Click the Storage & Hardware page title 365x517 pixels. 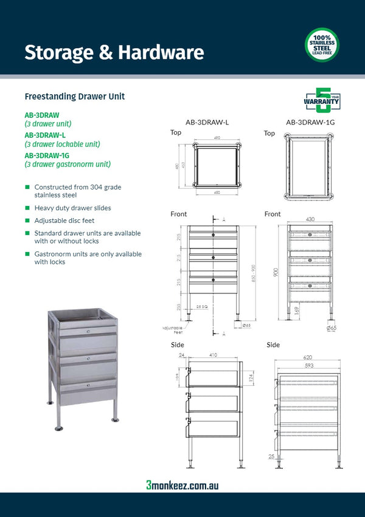pos(114,53)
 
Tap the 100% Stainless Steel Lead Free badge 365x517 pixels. pos(322,45)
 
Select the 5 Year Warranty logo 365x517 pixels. pos(321,100)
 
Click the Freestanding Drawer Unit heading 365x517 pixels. pos(75,97)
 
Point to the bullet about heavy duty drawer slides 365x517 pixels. pos(72,208)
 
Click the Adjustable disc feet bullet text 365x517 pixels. pos(64,221)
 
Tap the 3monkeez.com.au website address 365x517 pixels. pos(182,485)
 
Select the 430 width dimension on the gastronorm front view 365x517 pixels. pos(310,219)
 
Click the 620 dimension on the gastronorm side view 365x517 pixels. pos(308,359)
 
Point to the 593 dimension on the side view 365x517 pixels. pos(308,366)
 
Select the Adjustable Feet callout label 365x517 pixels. pos(172,329)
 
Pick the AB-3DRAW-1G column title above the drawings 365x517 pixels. pos(310,122)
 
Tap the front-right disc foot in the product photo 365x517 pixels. pos(114,419)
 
